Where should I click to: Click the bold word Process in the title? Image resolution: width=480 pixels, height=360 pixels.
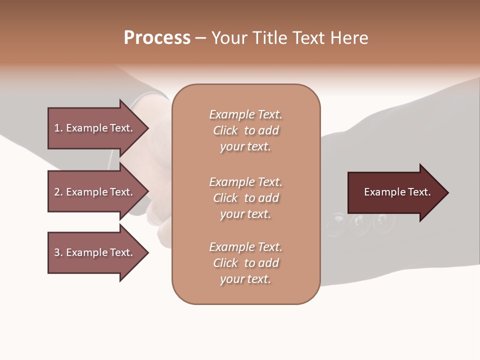157,38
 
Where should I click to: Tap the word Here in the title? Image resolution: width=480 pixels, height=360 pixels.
349,38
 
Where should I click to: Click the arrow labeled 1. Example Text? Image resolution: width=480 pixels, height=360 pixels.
98,128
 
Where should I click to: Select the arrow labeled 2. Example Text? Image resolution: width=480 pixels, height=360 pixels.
98,191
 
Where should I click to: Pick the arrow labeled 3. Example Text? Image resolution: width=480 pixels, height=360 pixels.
98,252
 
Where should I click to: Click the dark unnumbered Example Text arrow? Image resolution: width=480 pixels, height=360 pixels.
398,192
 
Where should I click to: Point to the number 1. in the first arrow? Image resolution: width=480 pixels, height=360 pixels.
58,128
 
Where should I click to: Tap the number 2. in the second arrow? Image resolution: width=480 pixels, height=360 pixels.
58,192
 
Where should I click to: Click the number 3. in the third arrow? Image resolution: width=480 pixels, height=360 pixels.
58,252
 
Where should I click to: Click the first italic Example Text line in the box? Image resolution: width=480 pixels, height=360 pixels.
246,114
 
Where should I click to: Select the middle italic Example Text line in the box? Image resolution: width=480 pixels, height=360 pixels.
246,182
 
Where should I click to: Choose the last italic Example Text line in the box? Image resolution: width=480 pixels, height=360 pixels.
246,247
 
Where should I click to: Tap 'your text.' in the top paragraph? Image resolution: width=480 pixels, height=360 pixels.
245,147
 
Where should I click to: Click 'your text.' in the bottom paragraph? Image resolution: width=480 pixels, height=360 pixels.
245,279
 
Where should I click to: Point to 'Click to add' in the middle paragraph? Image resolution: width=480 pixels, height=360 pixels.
246,198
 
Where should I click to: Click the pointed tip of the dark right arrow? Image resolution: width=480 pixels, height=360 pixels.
448,192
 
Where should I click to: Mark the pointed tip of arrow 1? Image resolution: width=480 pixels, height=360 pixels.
148,128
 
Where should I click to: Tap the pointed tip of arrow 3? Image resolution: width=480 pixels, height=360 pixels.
148,253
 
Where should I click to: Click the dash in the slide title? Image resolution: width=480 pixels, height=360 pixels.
200,38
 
